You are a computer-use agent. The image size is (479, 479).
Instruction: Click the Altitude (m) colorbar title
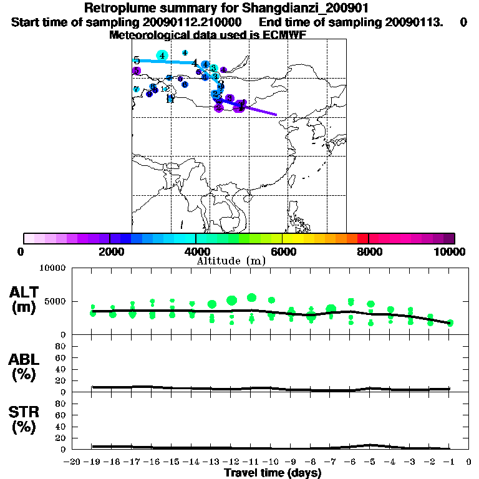pyautogui.click(x=231, y=260)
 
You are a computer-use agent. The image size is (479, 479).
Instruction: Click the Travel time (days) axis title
pyautogui.click(x=273, y=473)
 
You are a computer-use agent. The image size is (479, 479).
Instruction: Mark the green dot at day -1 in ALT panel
pyautogui.click(x=450, y=322)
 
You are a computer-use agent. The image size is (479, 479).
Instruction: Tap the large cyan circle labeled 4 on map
pyautogui.click(x=162, y=56)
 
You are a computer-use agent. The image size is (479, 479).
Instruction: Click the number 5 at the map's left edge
pyautogui.click(x=136, y=60)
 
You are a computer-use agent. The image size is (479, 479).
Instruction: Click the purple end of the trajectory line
pyautogui.click(x=275, y=114)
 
